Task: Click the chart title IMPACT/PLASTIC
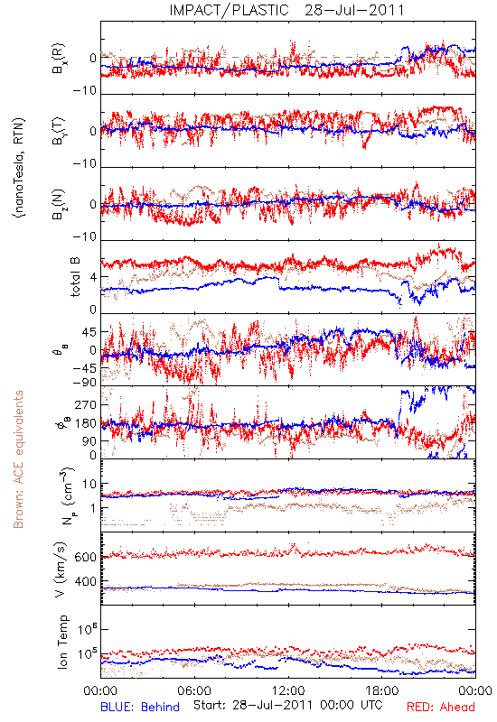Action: [230, 10]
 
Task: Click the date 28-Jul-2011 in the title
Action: [354, 10]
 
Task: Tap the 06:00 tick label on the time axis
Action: [194, 691]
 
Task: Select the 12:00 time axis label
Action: [288, 691]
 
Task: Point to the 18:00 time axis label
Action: [382, 691]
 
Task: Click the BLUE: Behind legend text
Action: [140, 707]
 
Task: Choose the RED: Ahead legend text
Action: [441, 707]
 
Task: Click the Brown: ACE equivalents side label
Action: [18, 459]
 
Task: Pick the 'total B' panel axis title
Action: [75, 277]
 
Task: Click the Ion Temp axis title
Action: [62, 642]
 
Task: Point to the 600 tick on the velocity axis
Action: [85, 557]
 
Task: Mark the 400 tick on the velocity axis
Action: [85, 582]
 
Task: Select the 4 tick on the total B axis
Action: [93, 278]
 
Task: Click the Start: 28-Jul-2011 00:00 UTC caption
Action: [288, 705]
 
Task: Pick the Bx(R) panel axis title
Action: [59, 59]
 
